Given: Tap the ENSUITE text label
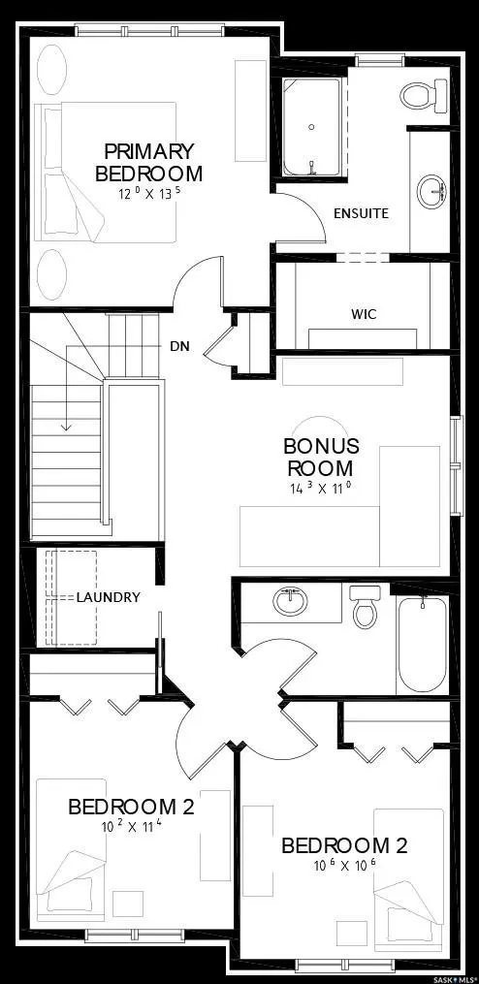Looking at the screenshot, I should (361, 213).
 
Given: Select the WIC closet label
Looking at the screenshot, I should (364, 314).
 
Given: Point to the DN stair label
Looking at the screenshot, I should (179, 345).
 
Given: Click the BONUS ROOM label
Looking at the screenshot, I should (321, 457).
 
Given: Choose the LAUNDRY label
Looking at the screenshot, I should (109, 597).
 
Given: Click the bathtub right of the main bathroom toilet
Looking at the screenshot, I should (422, 644).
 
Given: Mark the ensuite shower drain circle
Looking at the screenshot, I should (311, 127).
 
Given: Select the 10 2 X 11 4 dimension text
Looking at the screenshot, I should (131, 827).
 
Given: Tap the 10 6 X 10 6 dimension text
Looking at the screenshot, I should (344, 865).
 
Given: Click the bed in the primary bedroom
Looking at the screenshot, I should (107, 173).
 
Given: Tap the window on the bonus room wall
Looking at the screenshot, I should (456, 451).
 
